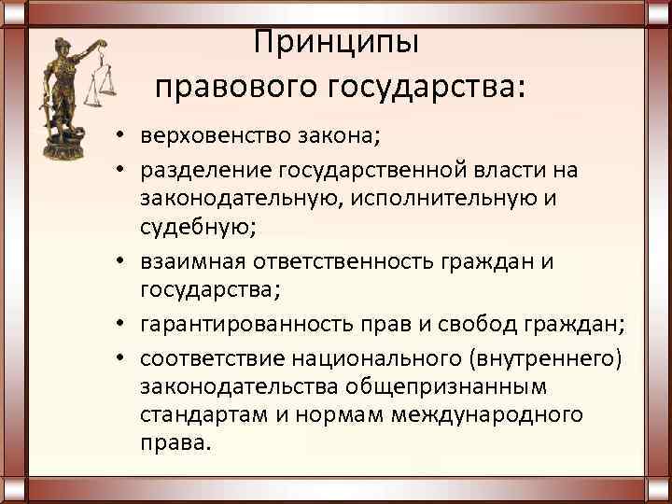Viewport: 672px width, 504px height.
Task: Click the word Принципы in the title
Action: click(x=337, y=42)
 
